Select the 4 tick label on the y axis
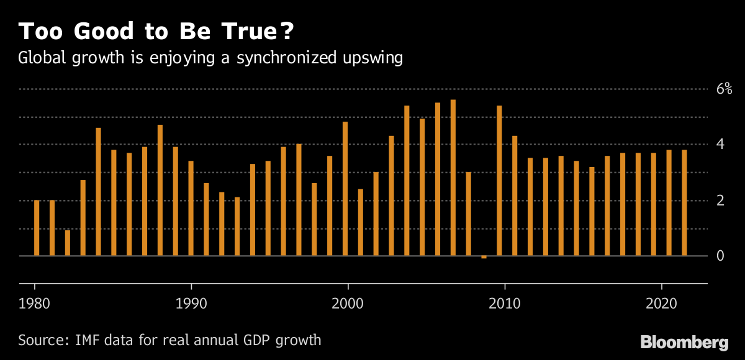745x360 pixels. pyautogui.click(x=720, y=145)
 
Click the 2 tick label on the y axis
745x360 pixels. pyautogui.click(x=720, y=200)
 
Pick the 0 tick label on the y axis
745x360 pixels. pyautogui.click(x=720, y=256)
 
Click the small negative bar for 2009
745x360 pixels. pyautogui.click(x=484, y=257)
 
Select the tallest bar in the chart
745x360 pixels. pyautogui.click(x=453, y=178)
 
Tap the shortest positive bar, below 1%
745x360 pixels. pyautogui.click(x=68, y=243)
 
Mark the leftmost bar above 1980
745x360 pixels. pyautogui.click(x=37, y=228)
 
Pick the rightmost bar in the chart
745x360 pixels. pyautogui.click(x=684, y=203)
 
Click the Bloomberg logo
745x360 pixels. pyautogui.click(x=684, y=342)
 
